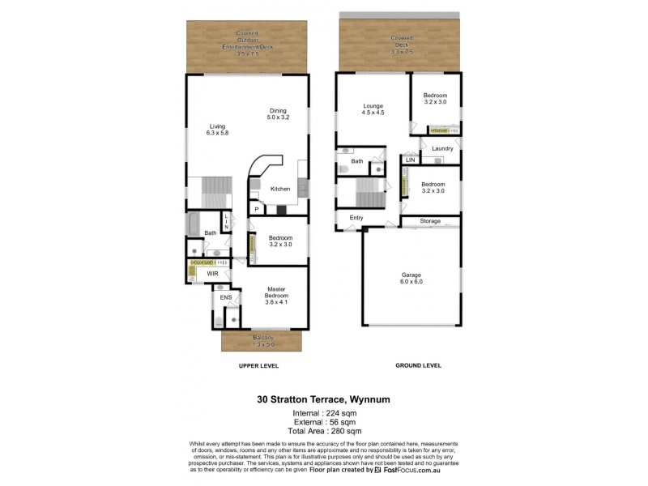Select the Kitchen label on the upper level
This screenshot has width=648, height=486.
click(x=280, y=189)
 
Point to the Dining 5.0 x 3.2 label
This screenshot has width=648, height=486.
click(x=278, y=114)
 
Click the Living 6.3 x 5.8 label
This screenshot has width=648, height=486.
click(x=217, y=130)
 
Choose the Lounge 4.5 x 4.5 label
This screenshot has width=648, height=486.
click(x=373, y=109)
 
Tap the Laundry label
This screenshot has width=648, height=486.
click(x=442, y=149)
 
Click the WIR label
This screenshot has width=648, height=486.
click(x=213, y=275)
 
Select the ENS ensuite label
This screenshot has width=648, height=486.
click(x=226, y=297)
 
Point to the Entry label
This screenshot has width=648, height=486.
click(x=356, y=218)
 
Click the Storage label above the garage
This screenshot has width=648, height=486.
click(x=430, y=221)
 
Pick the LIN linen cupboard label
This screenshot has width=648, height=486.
click(x=411, y=160)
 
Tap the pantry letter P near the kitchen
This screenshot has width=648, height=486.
click(x=257, y=209)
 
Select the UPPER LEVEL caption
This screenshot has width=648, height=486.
click(x=258, y=366)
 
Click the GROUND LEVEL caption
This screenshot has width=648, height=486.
click(x=417, y=366)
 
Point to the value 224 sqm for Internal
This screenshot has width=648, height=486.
click(x=339, y=413)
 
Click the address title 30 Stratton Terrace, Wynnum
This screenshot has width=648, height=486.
click(x=324, y=399)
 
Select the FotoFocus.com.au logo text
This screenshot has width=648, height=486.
click(x=420, y=470)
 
